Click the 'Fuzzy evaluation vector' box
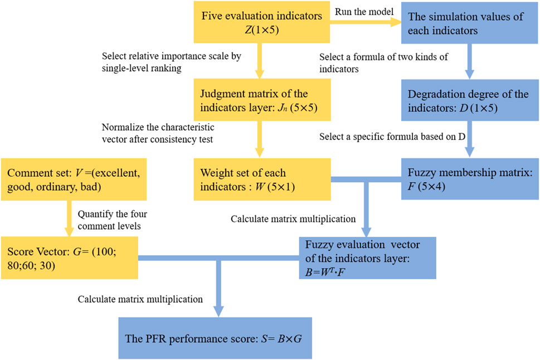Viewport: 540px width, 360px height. pyautogui.click(x=366, y=258)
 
